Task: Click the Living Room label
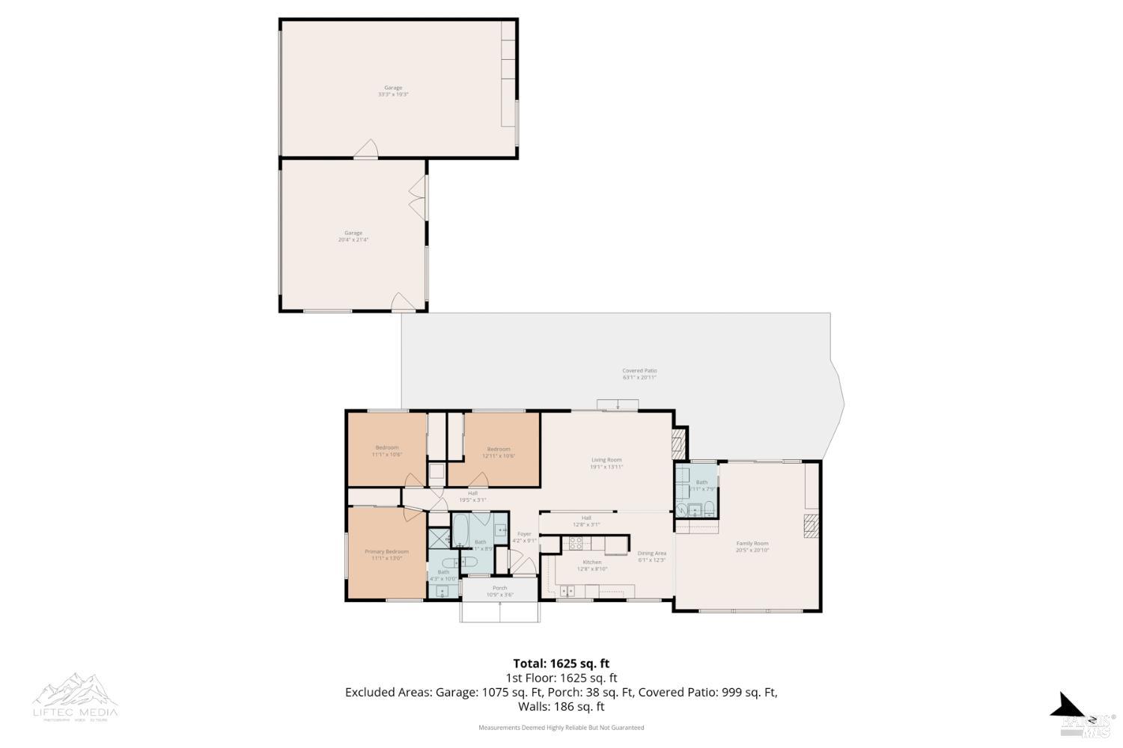click(606, 460)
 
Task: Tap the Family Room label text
click(752, 544)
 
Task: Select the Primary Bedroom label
click(386, 552)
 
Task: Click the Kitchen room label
click(591, 562)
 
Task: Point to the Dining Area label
click(651, 554)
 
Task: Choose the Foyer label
click(524, 534)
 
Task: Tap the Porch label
click(499, 588)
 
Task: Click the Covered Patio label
click(639, 370)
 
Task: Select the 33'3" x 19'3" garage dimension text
click(393, 95)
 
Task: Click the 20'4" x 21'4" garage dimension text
click(353, 240)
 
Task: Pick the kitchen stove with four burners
click(576, 543)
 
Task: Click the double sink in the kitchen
click(567, 592)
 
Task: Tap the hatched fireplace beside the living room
click(678, 443)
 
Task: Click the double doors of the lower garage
click(417, 197)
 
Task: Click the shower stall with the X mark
click(438, 538)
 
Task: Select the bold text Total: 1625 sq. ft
click(561, 663)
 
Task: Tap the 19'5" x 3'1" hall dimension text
click(472, 500)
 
